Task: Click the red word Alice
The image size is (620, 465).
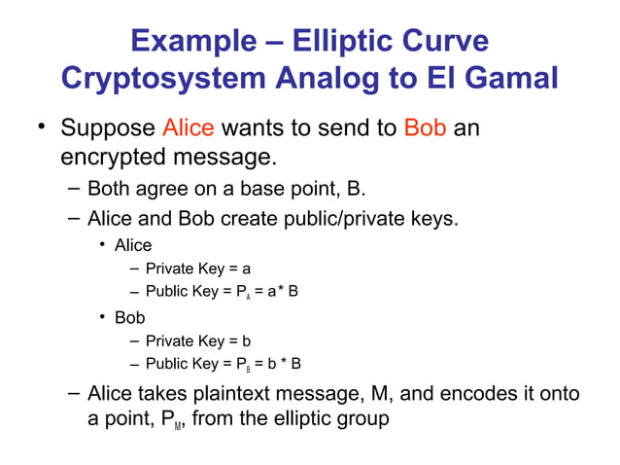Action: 189,128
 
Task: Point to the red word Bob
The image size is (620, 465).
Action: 425,128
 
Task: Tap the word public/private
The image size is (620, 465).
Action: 339,218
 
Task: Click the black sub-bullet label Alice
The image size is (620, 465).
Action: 133,245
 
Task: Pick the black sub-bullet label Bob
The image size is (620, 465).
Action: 129,317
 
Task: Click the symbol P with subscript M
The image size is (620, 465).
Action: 171,421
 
